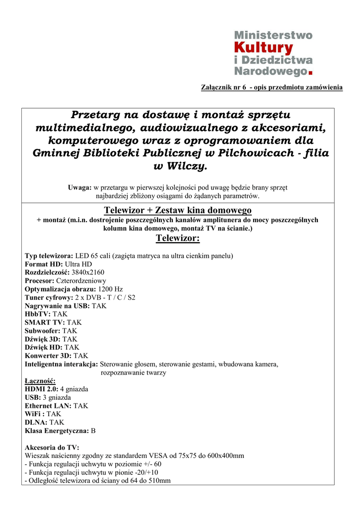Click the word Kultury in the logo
[263, 48]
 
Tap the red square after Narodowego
[311, 73]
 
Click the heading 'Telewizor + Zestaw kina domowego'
[178, 210]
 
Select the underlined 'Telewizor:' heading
[178, 239]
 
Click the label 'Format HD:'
[44, 264]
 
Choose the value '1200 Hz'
[110, 289]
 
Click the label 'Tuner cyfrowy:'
[49, 297]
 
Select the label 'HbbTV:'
[38, 314]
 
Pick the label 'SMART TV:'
[45, 322]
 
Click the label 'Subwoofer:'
[43, 330]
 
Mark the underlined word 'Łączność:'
[40, 381]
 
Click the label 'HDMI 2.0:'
[41, 389]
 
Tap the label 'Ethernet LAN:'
[48, 406]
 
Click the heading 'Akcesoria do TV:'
[52, 447]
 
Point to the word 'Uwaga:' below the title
[79, 188]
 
